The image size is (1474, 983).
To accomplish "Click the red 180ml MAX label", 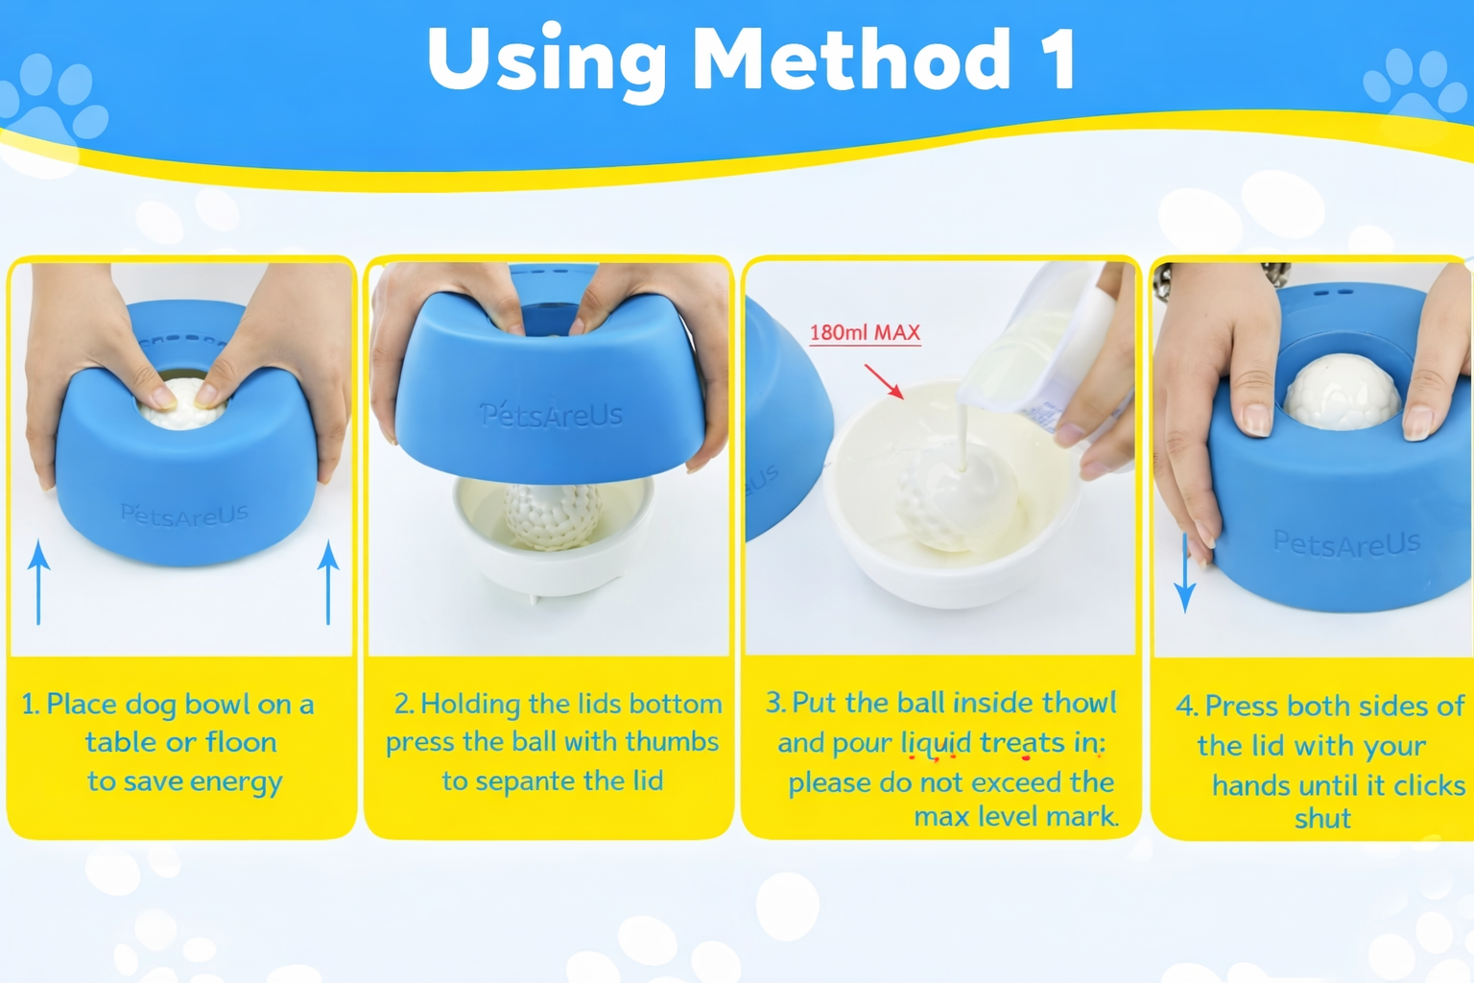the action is (x=865, y=332).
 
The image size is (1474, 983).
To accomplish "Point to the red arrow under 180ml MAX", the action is (x=885, y=382).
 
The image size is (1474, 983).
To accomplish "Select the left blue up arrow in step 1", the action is (x=38, y=582).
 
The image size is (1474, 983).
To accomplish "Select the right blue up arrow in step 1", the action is (x=328, y=582).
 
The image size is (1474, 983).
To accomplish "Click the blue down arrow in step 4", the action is (x=1185, y=573).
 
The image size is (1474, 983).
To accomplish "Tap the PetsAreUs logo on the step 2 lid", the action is (x=552, y=416).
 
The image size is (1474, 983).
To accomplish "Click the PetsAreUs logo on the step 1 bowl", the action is (x=184, y=515).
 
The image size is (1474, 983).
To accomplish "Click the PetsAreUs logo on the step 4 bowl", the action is (x=1346, y=542).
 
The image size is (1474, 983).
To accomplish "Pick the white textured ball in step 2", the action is (x=553, y=516).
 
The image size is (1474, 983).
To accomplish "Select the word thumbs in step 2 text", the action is (x=672, y=741).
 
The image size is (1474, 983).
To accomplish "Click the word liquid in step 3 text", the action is (x=937, y=743).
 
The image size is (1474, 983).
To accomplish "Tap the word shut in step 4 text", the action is (x=1322, y=819).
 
